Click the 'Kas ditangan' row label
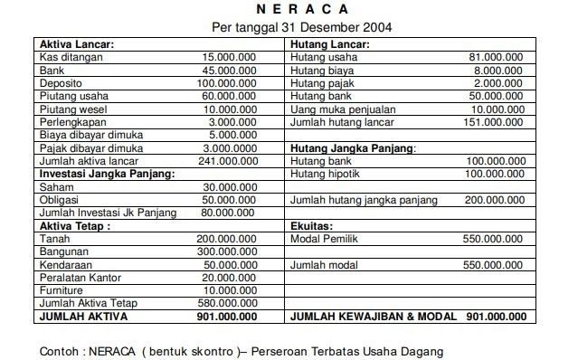point(68,56)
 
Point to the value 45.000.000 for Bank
point(229,70)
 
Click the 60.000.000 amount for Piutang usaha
point(229,95)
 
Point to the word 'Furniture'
point(62,290)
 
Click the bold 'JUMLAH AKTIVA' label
point(82,317)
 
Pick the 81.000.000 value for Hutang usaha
point(497,56)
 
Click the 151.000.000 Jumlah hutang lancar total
point(493,121)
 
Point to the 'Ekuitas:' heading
point(312,225)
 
